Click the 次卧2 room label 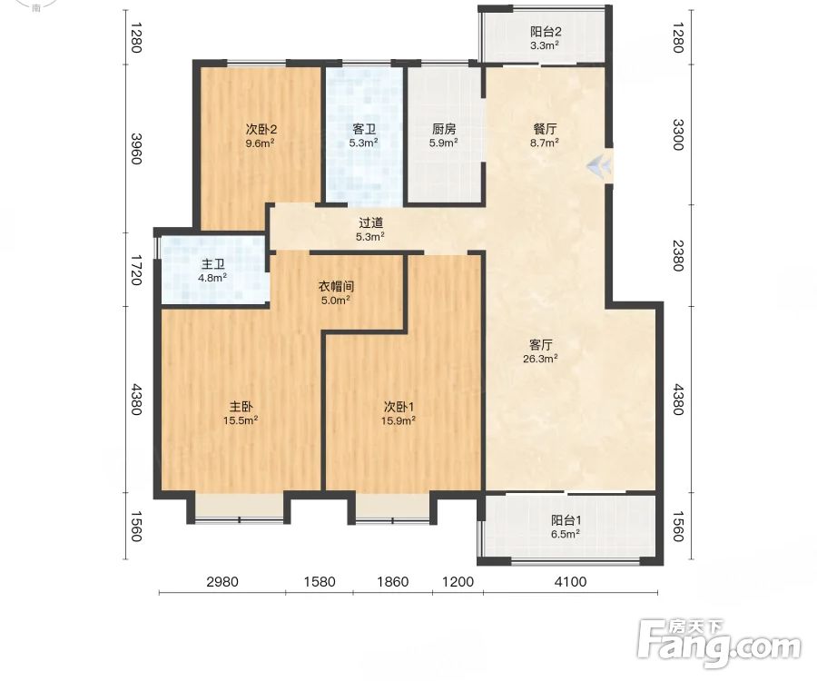[261, 129]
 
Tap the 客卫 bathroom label [364, 129]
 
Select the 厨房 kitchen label [443, 129]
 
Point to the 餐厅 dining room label [545, 129]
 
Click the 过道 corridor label [370, 223]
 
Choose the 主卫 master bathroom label [212, 264]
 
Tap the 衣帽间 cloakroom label [336, 287]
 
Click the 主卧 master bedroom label [241, 407]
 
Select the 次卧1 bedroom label [399, 407]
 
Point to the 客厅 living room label [540, 345]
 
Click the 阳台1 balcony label [566, 520]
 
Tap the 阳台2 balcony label [546, 32]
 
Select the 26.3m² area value [540, 359]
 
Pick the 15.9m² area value [399, 420]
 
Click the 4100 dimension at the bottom [570, 581]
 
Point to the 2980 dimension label [222, 581]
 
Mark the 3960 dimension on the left [136, 149]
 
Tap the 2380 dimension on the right [678, 255]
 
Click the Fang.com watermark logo [719, 643]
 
